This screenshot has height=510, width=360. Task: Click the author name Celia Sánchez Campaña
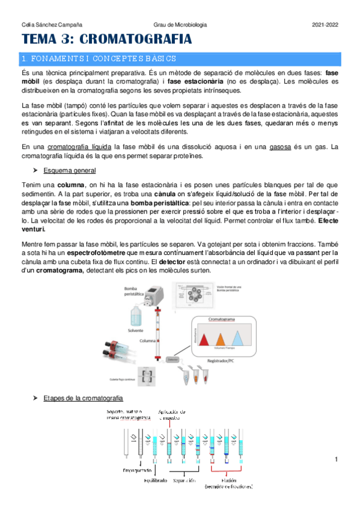pos(52,25)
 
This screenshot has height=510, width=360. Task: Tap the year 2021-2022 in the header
pos(325,25)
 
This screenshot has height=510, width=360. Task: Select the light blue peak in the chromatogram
pos(239,339)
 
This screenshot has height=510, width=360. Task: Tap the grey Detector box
pos(173,359)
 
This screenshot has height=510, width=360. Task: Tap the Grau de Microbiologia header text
pos(180,25)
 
